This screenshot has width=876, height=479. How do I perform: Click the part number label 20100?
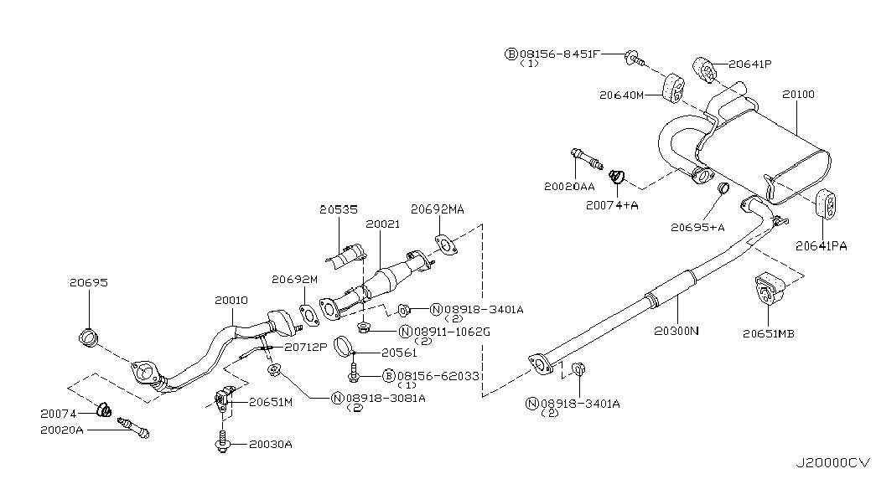pyautogui.click(x=797, y=95)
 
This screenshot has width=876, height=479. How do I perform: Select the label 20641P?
pyautogui.click(x=749, y=63)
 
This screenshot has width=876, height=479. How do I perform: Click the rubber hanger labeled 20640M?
pyautogui.click(x=675, y=89)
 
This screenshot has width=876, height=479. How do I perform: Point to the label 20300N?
pyautogui.click(x=676, y=331)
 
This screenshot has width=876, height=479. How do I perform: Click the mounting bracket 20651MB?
pyautogui.click(x=770, y=290)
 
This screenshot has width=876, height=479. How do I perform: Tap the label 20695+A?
pyautogui.click(x=697, y=226)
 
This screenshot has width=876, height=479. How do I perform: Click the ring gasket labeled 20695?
pyautogui.click(x=87, y=338)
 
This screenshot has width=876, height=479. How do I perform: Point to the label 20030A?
pyautogui.click(x=270, y=444)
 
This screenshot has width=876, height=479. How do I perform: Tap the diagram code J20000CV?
pyautogui.click(x=834, y=462)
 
